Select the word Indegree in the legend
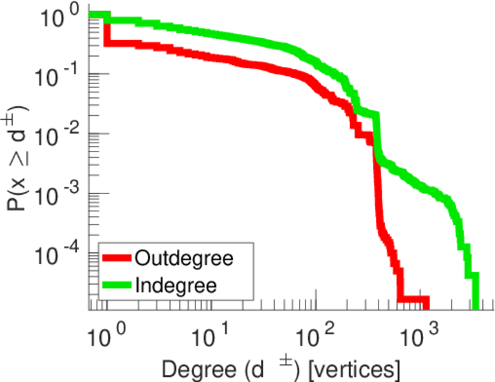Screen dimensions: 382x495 (176, 285)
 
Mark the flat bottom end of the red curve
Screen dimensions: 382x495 (414, 299)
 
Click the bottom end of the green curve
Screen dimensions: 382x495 (475, 299)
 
